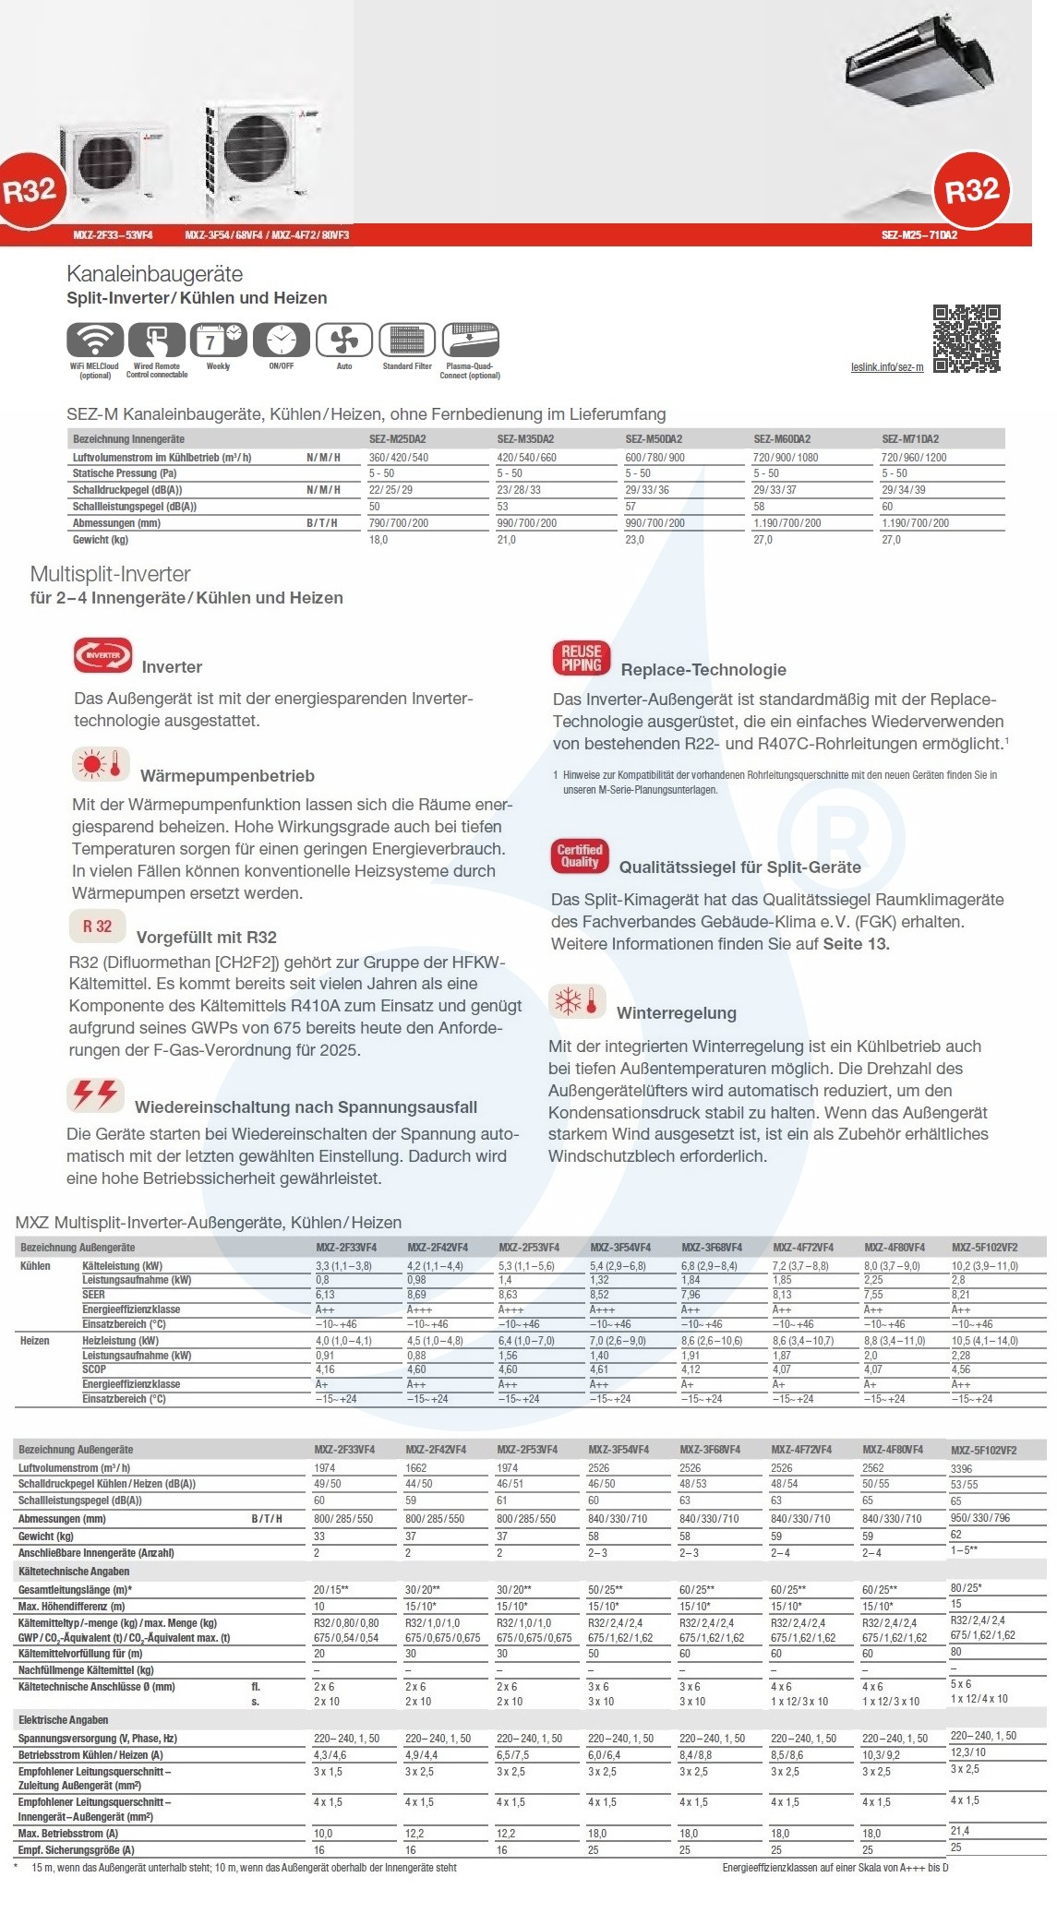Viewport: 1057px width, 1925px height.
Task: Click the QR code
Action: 967,338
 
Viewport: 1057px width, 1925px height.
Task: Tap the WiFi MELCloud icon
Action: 95,341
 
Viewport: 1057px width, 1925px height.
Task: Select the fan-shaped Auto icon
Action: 344,341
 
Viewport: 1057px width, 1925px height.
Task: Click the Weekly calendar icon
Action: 219,341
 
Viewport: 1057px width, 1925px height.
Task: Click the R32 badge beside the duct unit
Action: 972,191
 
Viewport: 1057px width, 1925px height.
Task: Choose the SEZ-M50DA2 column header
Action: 654,439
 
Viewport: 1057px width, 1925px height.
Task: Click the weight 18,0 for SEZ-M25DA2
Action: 378,540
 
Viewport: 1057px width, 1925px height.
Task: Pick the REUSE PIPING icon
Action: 582,658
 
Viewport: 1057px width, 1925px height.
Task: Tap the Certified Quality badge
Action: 580,856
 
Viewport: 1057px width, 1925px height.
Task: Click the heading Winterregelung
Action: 677,1013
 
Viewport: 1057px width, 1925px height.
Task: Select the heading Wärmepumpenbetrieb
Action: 227,776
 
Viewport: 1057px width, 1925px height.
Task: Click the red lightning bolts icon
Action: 95,1094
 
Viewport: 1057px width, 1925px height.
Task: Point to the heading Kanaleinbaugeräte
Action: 155,274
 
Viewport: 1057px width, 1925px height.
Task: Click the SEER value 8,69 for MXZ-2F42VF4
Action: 416,1295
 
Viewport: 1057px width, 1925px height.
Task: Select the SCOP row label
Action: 94,1369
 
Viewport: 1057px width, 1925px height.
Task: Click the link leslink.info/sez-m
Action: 887,367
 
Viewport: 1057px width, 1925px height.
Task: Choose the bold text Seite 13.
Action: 856,944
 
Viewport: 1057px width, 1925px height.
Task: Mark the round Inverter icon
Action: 103,655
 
